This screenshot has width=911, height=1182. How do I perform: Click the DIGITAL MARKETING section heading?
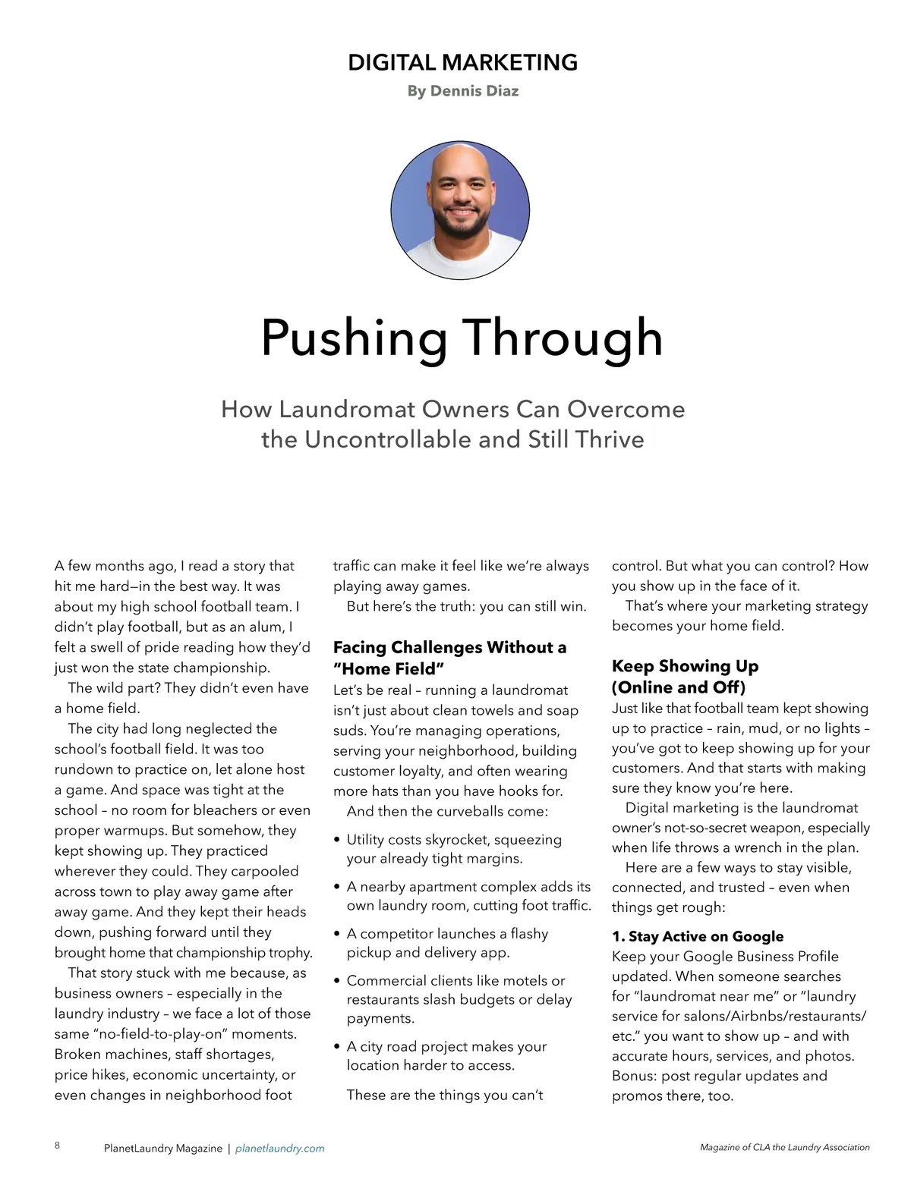click(x=462, y=62)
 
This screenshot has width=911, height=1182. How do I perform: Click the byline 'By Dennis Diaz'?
click(x=462, y=91)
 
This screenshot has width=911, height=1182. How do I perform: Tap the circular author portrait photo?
click(x=460, y=210)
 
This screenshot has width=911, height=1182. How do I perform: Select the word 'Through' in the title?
click(x=563, y=338)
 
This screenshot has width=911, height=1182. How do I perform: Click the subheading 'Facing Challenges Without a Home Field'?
click(x=449, y=658)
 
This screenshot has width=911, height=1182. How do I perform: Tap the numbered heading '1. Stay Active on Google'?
click(x=697, y=936)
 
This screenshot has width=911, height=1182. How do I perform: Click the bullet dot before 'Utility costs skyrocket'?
click(x=337, y=841)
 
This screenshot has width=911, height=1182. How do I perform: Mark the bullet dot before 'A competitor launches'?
click(x=337, y=935)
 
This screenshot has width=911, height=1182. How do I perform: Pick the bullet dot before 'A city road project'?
click(x=337, y=1047)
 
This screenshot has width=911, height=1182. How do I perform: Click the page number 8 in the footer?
click(x=58, y=1146)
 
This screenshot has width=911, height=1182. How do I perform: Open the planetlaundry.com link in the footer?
click(x=279, y=1149)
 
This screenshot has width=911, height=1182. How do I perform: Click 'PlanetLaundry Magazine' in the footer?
click(x=163, y=1149)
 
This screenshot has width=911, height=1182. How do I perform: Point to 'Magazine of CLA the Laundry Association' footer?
click(x=784, y=1148)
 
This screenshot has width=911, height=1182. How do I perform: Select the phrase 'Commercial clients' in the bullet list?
click(x=405, y=981)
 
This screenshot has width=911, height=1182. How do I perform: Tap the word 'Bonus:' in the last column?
click(x=635, y=1076)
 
